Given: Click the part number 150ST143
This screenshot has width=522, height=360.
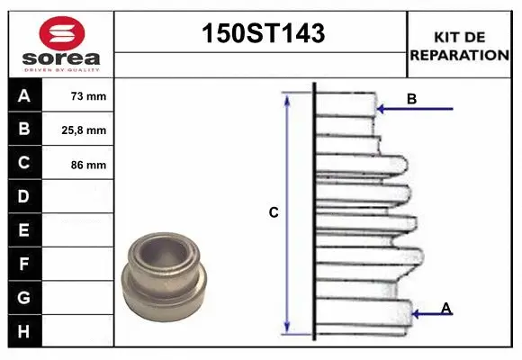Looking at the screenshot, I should click(x=261, y=34).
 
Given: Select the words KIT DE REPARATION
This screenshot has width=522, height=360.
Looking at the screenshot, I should click(x=460, y=46).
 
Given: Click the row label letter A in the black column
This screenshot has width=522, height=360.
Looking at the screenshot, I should click(x=24, y=95).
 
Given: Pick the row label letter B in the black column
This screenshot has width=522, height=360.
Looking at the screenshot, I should click(x=24, y=130).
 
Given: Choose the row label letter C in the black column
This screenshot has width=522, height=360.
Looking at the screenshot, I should click(x=24, y=163).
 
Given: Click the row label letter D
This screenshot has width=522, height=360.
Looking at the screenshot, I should click(x=24, y=196).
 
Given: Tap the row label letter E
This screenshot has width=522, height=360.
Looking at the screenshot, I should click(x=24, y=230).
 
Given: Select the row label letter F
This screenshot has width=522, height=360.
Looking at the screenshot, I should click(x=24, y=265).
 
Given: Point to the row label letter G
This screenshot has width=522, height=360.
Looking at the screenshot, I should click(x=24, y=298).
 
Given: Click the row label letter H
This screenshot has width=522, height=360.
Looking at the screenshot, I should click(x=24, y=332).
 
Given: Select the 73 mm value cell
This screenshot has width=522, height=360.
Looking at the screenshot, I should click(x=88, y=96).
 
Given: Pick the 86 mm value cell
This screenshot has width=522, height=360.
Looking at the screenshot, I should click(x=88, y=165).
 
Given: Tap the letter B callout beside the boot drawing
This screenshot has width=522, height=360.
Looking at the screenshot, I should click(x=411, y=99).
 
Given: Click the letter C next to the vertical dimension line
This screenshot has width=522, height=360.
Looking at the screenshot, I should click(x=274, y=213).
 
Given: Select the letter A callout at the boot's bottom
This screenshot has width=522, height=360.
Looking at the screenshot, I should click(x=446, y=309).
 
